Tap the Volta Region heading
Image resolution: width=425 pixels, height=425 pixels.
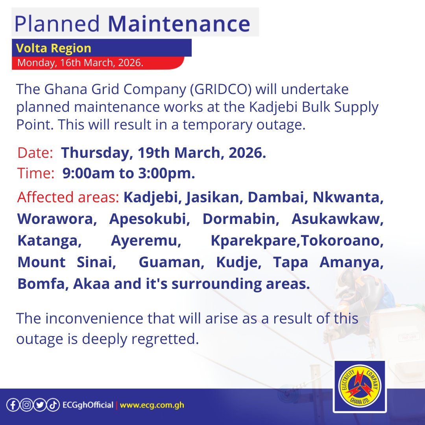[x=54, y=48]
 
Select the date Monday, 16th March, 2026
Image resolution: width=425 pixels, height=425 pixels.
[x=80, y=63]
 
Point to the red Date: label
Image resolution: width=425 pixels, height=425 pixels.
[x=35, y=153]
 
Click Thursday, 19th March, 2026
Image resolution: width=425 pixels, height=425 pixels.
[x=164, y=153]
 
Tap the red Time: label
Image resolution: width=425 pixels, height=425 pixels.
[x=36, y=174]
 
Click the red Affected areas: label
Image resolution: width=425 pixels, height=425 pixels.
[x=68, y=197]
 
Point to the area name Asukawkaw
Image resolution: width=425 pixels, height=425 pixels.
[x=337, y=219]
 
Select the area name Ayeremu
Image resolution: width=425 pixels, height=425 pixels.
[x=146, y=240]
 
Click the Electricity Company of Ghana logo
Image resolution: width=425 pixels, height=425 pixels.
[x=359, y=387]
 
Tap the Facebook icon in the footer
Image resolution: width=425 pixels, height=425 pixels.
[x=13, y=405]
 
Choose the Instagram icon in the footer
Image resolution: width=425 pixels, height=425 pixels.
[x=26, y=405]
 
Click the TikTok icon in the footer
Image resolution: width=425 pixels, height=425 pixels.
[x=53, y=405]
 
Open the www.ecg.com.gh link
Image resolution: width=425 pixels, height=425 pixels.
[x=152, y=405]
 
